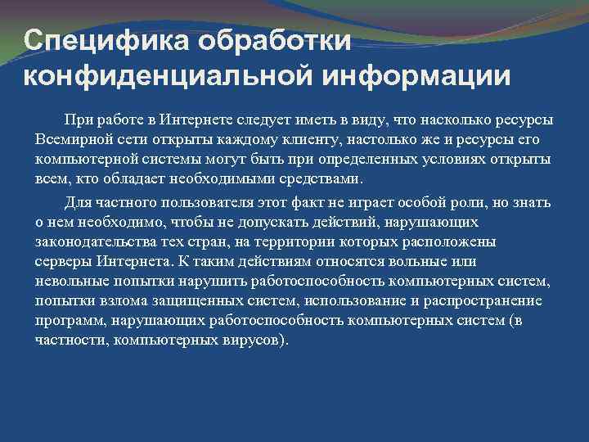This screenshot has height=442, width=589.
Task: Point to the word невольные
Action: (x=71, y=281)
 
